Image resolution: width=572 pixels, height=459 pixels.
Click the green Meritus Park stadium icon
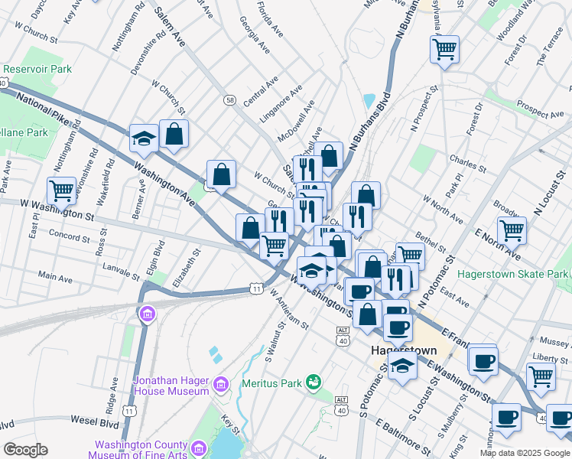(313, 381)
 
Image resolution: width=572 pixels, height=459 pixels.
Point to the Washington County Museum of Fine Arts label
(141, 450)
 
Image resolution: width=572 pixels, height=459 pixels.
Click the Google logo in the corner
(25, 450)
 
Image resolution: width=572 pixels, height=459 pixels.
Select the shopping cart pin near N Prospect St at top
(444, 50)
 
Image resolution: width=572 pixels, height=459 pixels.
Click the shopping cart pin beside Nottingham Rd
(61, 189)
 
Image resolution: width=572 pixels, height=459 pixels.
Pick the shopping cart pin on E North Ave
(512, 229)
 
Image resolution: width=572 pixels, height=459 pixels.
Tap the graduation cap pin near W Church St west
(143, 138)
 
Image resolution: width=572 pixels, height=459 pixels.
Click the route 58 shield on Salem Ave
(229, 99)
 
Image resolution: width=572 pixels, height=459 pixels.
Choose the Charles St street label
(468, 162)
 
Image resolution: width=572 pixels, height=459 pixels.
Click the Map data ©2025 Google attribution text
(524, 453)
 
